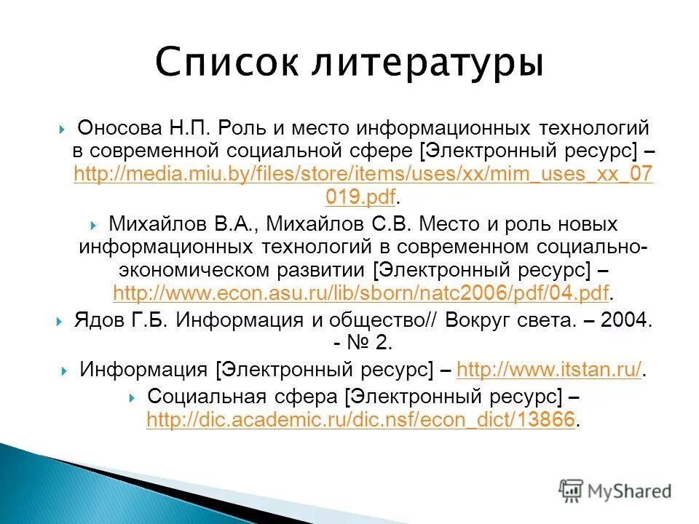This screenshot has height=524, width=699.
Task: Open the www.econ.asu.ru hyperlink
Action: pos(360,293)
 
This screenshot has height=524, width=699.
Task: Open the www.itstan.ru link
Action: pos(550,370)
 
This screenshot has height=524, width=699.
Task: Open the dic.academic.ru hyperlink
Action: pos(360,420)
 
